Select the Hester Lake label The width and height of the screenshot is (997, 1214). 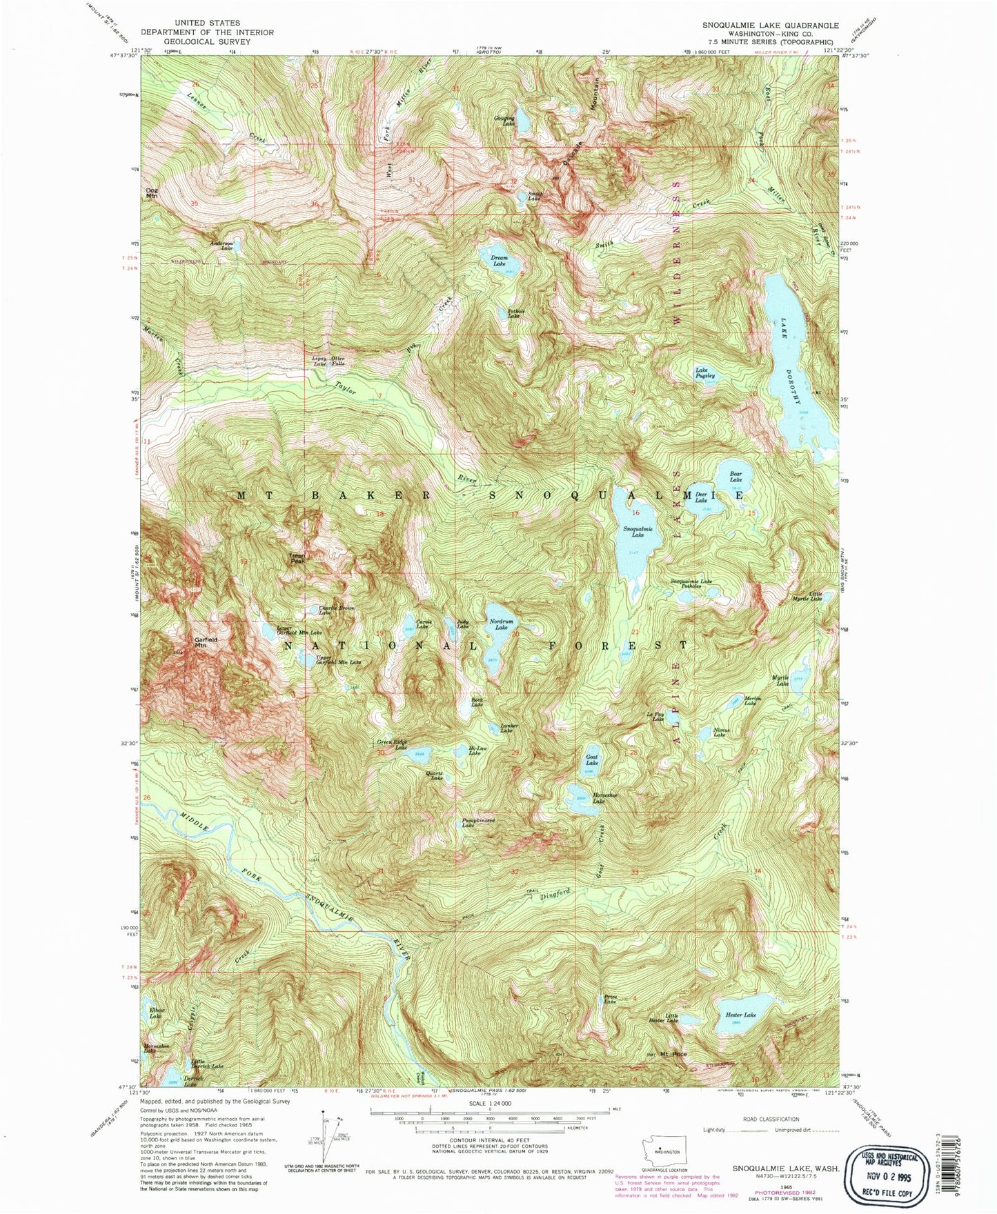740,1015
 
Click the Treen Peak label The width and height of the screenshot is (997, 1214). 297,559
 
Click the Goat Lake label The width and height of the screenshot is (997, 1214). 591,759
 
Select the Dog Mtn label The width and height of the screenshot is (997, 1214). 151,193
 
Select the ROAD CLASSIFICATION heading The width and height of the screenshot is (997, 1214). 771,1120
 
